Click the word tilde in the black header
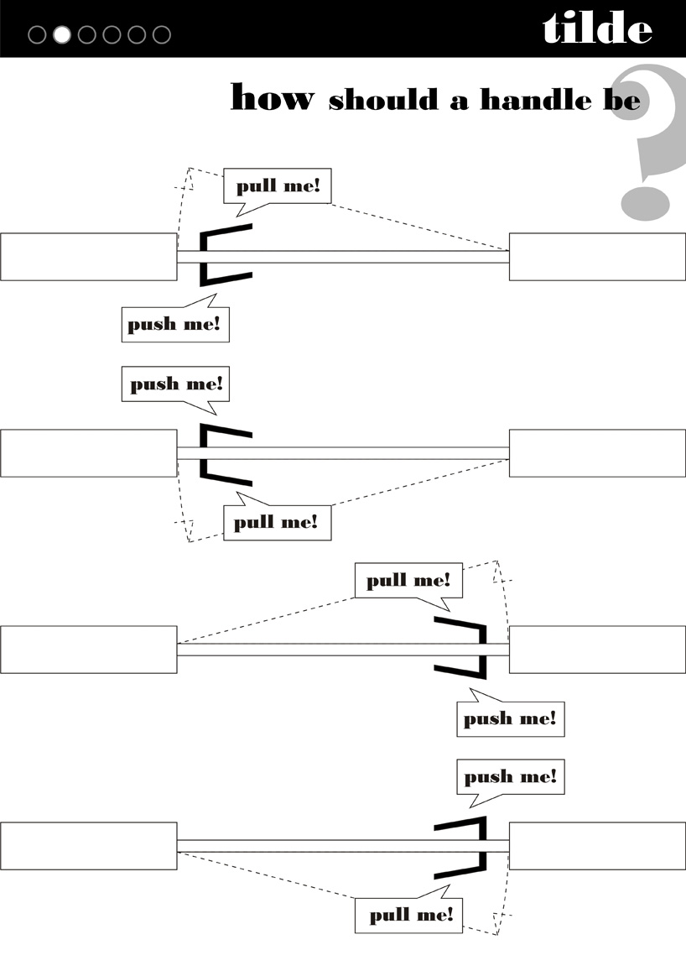596,29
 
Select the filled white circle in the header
62,34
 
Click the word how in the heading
272,97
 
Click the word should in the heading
382,100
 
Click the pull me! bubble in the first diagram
278,185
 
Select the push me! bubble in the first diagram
174,324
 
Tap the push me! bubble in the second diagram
175,384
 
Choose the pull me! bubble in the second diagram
277,523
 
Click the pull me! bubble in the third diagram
408,580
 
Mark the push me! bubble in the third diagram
510,719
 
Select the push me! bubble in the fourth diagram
510,777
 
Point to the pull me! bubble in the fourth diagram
409,915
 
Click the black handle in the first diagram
204,256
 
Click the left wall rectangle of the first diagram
88,257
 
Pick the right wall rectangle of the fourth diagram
597,846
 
